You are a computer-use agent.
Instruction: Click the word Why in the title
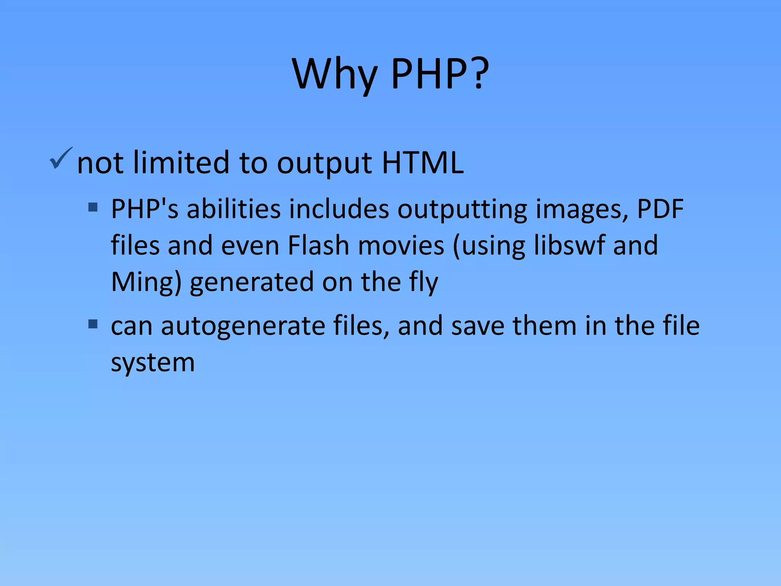(x=335, y=74)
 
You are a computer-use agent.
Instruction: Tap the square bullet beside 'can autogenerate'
(x=93, y=324)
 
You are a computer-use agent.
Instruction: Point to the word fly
(x=424, y=282)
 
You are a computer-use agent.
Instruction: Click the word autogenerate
(x=243, y=326)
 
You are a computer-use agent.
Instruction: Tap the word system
(x=153, y=362)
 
